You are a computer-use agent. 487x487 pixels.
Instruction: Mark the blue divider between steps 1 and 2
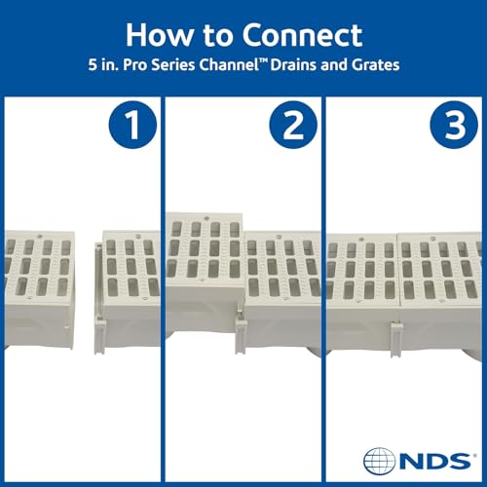click(x=162, y=292)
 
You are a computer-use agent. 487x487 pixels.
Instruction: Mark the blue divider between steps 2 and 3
click(x=324, y=292)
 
